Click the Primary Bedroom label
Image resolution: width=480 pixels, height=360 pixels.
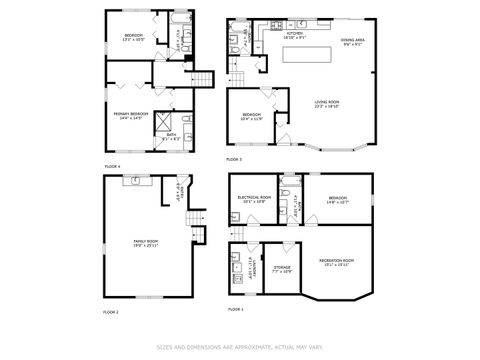pos(126,116)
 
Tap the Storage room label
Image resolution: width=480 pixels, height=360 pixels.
pos(282,270)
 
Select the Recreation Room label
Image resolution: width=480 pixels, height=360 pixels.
pos(335,262)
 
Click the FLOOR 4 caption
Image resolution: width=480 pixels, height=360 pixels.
pos(112,165)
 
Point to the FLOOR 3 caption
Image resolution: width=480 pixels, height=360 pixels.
pos(233,159)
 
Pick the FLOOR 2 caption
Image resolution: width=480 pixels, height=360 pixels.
pos(111,312)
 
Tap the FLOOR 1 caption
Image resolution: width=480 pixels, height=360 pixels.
pos(234,310)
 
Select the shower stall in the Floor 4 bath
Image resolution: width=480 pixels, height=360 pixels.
pos(159,125)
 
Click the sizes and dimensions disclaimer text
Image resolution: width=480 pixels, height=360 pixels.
pos(240,347)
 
